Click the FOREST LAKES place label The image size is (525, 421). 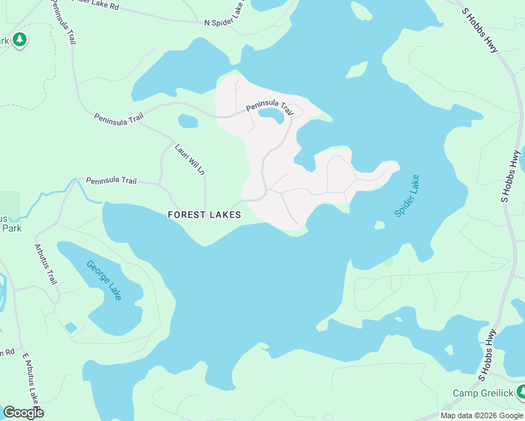(x=204, y=215)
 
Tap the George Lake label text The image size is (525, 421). (x=104, y=280)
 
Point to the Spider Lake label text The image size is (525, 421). (x=406, y=196)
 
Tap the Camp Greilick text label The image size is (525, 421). (x=482, y=394)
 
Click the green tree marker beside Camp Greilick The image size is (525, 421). (x=520, y=391)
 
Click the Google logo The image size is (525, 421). (x=23, y=413)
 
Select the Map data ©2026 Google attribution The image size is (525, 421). (x=482, y=415)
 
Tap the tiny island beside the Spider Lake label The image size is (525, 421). (x=380, y=225)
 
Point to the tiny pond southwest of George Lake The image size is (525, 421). (x=70, y=327)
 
